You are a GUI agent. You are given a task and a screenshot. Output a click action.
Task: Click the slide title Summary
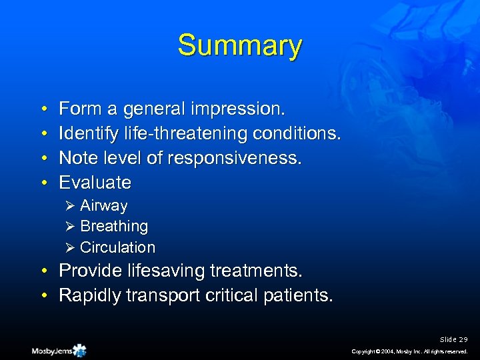pyautogui.click(x=239, y=46)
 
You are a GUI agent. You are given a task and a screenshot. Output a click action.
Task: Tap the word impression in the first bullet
pyautogui.click(x=241, y=108)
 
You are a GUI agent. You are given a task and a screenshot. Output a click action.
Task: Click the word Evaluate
pyautogui.click(x=95, y=182)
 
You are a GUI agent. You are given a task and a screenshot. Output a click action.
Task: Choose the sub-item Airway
pyautogui.click(x=103, y=206)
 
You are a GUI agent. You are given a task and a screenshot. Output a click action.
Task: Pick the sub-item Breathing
pyautogui.click(x=113, y=227)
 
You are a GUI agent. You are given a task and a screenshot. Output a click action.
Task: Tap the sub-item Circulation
pyautogui.click(x=117, y=247)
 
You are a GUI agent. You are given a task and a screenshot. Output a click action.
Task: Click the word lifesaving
pyautogui.click(x=164, y=271)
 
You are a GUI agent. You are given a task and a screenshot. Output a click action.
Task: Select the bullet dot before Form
pyautogui.click(x=43, y=109)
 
